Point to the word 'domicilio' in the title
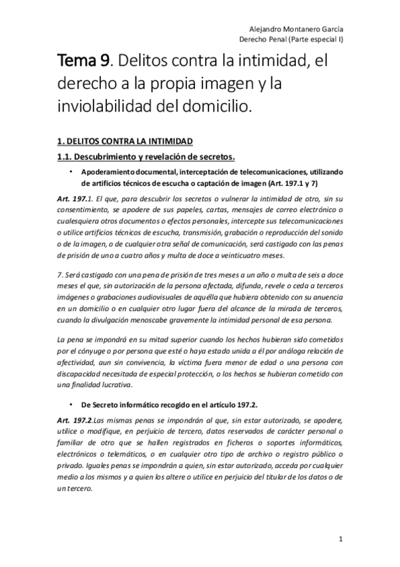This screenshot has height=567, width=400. (230, 106)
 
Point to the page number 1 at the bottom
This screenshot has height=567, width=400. (340, 539)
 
